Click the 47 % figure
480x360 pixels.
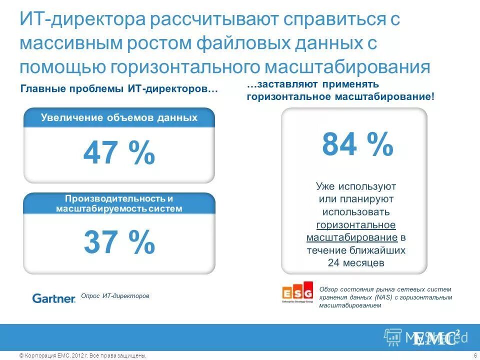119,152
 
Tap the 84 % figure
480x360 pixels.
357,144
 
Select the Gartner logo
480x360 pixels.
53,298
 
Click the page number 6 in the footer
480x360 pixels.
473,355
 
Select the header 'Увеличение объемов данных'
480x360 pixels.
119,118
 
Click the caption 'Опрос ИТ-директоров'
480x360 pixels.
115,296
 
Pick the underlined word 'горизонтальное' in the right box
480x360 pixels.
356,224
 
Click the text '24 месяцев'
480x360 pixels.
356,262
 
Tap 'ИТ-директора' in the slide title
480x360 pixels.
82,20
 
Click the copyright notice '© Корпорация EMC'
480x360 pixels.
50,355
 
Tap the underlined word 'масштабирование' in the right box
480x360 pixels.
352,237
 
